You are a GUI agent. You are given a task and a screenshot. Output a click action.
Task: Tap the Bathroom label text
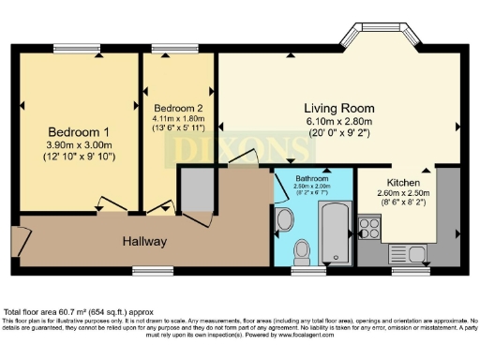(x=312, y=177)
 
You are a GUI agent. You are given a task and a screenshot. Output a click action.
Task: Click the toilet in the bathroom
(x=303, y=251)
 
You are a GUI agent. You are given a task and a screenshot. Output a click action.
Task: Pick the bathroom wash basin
(x=285, y=220)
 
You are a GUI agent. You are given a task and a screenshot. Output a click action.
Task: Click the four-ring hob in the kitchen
(x=370, y=227)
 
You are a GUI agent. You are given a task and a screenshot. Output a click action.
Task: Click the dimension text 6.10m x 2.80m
(x=338, y=121)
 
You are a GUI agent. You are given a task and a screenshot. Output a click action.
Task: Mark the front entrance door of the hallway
(x=15, y=240)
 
